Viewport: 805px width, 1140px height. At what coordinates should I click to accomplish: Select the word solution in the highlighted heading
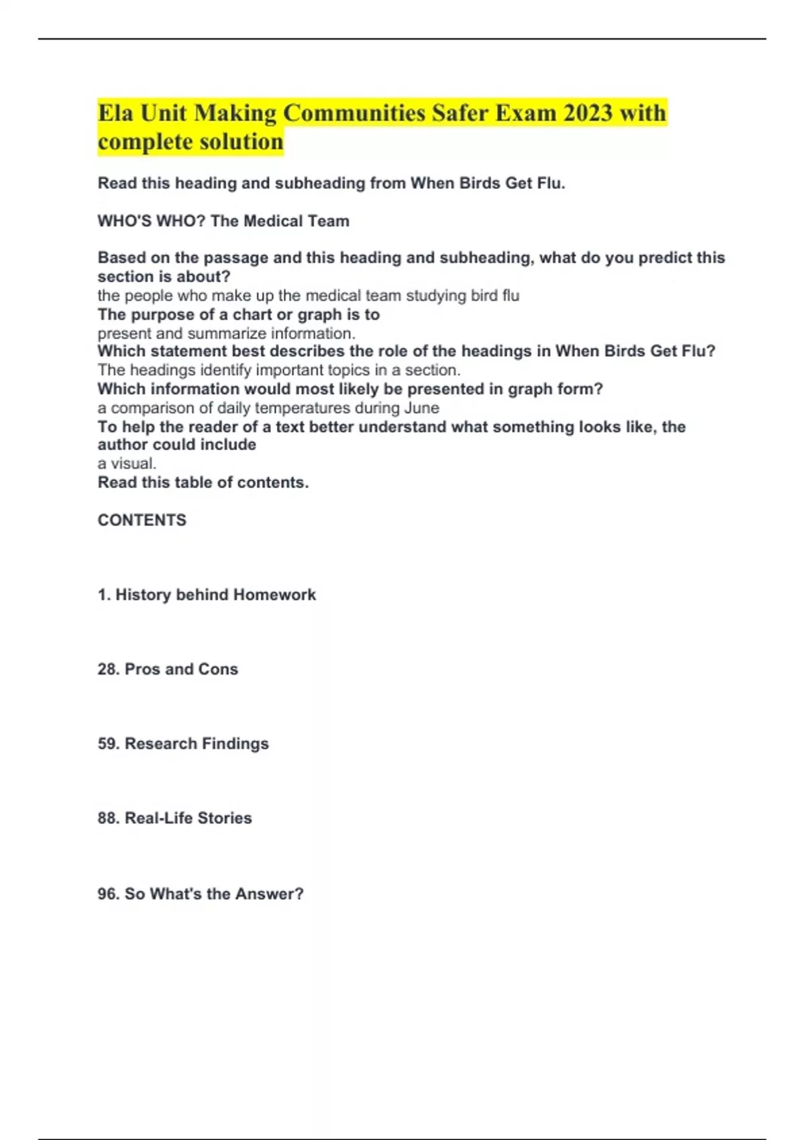click(x=241, y=141)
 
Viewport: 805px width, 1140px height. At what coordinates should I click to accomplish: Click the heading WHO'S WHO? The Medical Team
click(x=223, y=221)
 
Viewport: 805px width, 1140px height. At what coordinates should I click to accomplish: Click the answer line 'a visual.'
click(x=127, y=463)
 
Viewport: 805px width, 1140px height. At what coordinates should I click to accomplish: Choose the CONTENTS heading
click(x=142, y=520)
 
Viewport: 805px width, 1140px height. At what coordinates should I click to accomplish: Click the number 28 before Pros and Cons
click(x=107, y=669)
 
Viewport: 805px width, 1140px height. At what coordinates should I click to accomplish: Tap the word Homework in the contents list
click(x=274, y=595)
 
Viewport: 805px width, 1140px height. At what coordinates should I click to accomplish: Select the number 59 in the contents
click(x=107, y=744)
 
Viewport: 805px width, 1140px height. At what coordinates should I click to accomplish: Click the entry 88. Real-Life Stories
click(x=174, y=818)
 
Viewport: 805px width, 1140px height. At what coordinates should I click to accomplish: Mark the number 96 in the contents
click(x=107, y=894)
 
